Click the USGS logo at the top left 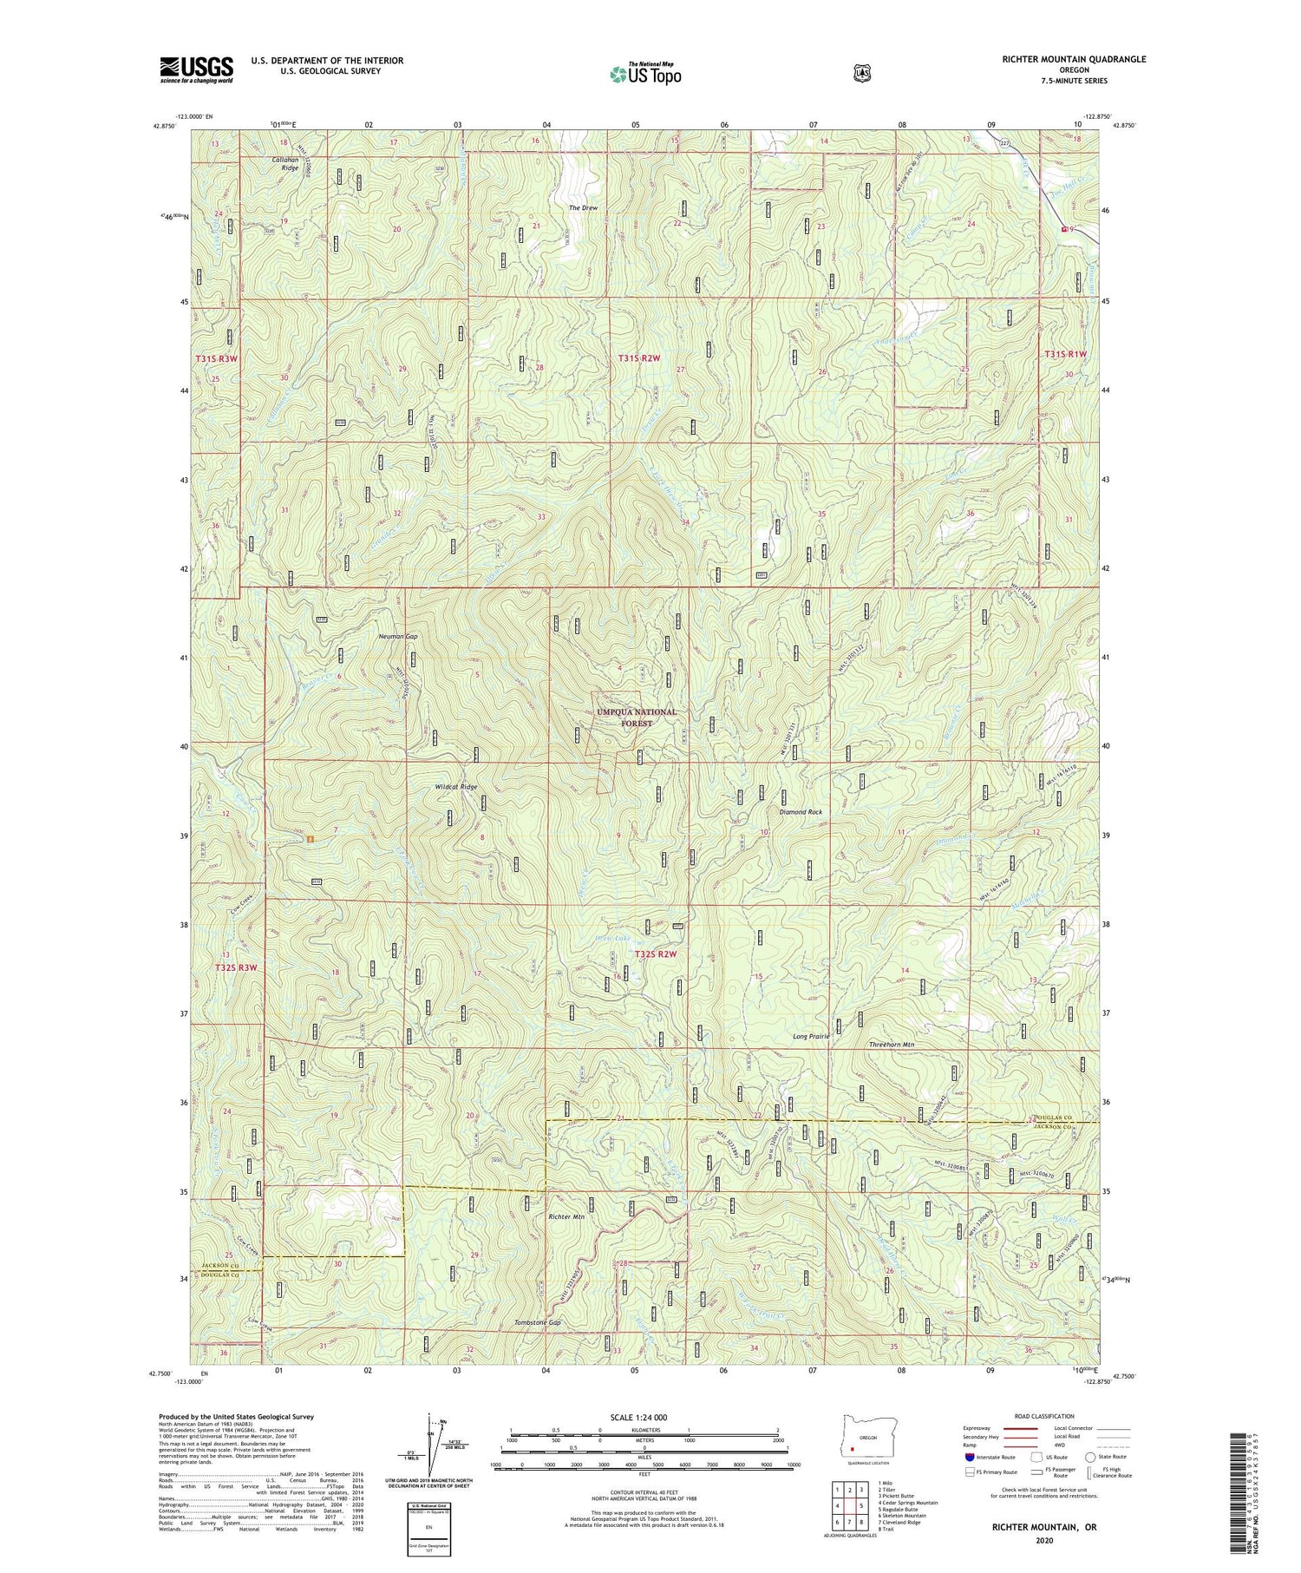click(x=196, y=69)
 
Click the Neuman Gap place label click(x=397, y=636)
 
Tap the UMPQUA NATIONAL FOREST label click(x=636, y=717)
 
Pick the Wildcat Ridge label click(x=455, y=787)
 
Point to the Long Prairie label click(x=811, y=1036)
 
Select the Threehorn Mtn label click(x=892, y=1045)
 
